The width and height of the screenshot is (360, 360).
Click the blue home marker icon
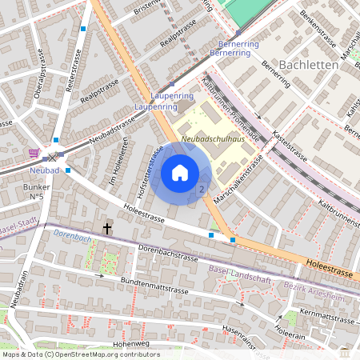pos(180,172)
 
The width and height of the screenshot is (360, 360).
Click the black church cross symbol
pos(106,229)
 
